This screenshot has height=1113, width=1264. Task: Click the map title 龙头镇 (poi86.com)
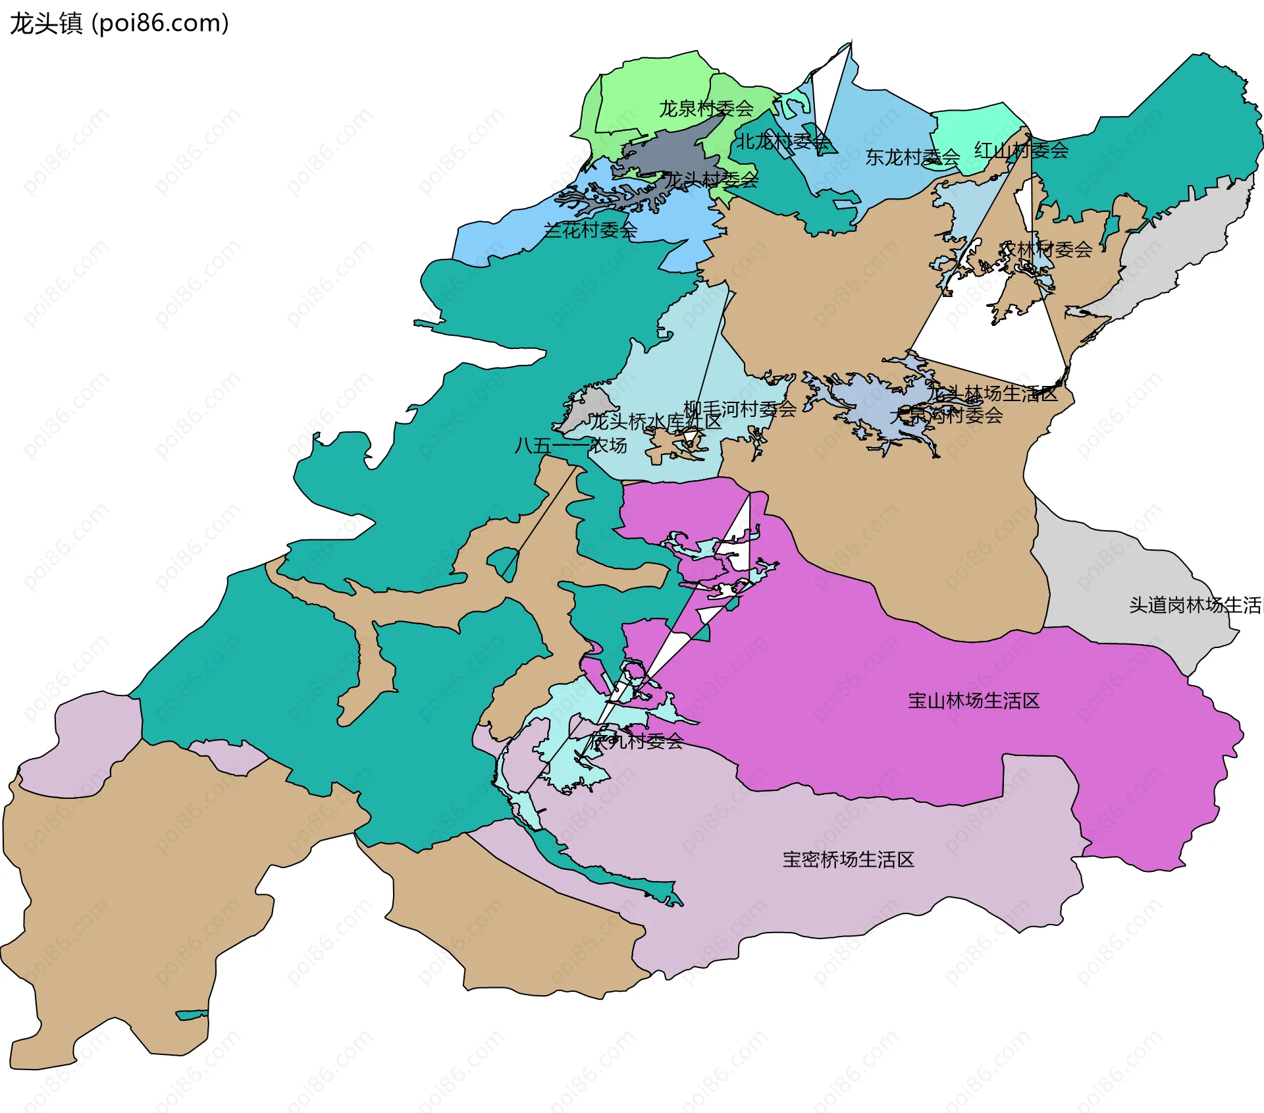click(x=118, y=23)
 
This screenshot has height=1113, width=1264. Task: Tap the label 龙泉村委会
click(x=706, y=108)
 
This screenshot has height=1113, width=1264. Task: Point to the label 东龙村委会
click(x=912, y=157)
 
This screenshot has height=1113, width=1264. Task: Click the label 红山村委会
click(x=1021, y=150)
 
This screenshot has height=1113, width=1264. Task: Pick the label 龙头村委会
click(x=711, y=179)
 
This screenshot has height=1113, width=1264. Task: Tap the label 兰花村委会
click(x=590, y=230)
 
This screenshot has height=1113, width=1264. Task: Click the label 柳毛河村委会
click(x=740, y=409)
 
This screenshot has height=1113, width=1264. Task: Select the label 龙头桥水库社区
click(x=654, y=421)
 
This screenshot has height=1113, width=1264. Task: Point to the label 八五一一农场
click(x=570, y=446)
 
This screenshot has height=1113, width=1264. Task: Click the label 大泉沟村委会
click(x=946, y=415)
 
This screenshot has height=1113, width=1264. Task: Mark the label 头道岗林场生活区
click(x=1195, y=605)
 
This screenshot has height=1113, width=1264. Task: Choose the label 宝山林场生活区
click(x=973, y=701)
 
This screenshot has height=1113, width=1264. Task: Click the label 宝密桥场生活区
click(x=848, y=859)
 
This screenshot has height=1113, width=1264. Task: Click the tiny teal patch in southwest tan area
click(x=192, y=1015)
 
